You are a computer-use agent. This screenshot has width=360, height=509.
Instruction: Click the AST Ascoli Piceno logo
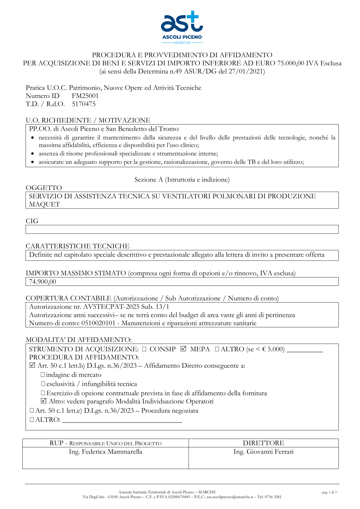[x=182, y=27]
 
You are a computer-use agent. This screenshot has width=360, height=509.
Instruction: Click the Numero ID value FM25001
[x=85, y=96]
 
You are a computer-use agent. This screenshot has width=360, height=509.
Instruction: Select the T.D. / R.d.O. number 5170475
[x=84, y=104]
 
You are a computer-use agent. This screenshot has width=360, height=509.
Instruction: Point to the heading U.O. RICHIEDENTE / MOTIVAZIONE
[x=88, y=120]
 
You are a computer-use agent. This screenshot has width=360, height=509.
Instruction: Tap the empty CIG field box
[x=182, y=229]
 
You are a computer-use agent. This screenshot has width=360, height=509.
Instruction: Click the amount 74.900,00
[x=42, y=282]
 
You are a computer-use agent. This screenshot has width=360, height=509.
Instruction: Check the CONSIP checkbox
[x=144, y=349]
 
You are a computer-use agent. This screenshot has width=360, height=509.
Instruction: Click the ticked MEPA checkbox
[x=184, y=349]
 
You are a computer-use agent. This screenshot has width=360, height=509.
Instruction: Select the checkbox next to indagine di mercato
[x=43, y=375]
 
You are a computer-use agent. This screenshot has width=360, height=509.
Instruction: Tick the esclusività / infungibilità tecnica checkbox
[x=43, y=384]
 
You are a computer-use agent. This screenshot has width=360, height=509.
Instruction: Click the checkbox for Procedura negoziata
[x=32, y=410]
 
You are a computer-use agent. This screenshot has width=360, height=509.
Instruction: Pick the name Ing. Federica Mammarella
[x=105, y=452]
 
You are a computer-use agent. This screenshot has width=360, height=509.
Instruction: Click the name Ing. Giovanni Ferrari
[x=263, y=452]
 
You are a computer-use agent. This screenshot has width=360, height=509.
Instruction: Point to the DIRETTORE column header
[x=263, y=443]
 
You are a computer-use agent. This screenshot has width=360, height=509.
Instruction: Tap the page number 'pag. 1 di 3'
[x=329, y=492]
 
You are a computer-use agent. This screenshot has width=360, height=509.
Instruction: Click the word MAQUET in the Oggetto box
[x=44, y=204]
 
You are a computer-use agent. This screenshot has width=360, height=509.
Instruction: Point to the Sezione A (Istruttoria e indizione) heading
[x=182, y=180]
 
